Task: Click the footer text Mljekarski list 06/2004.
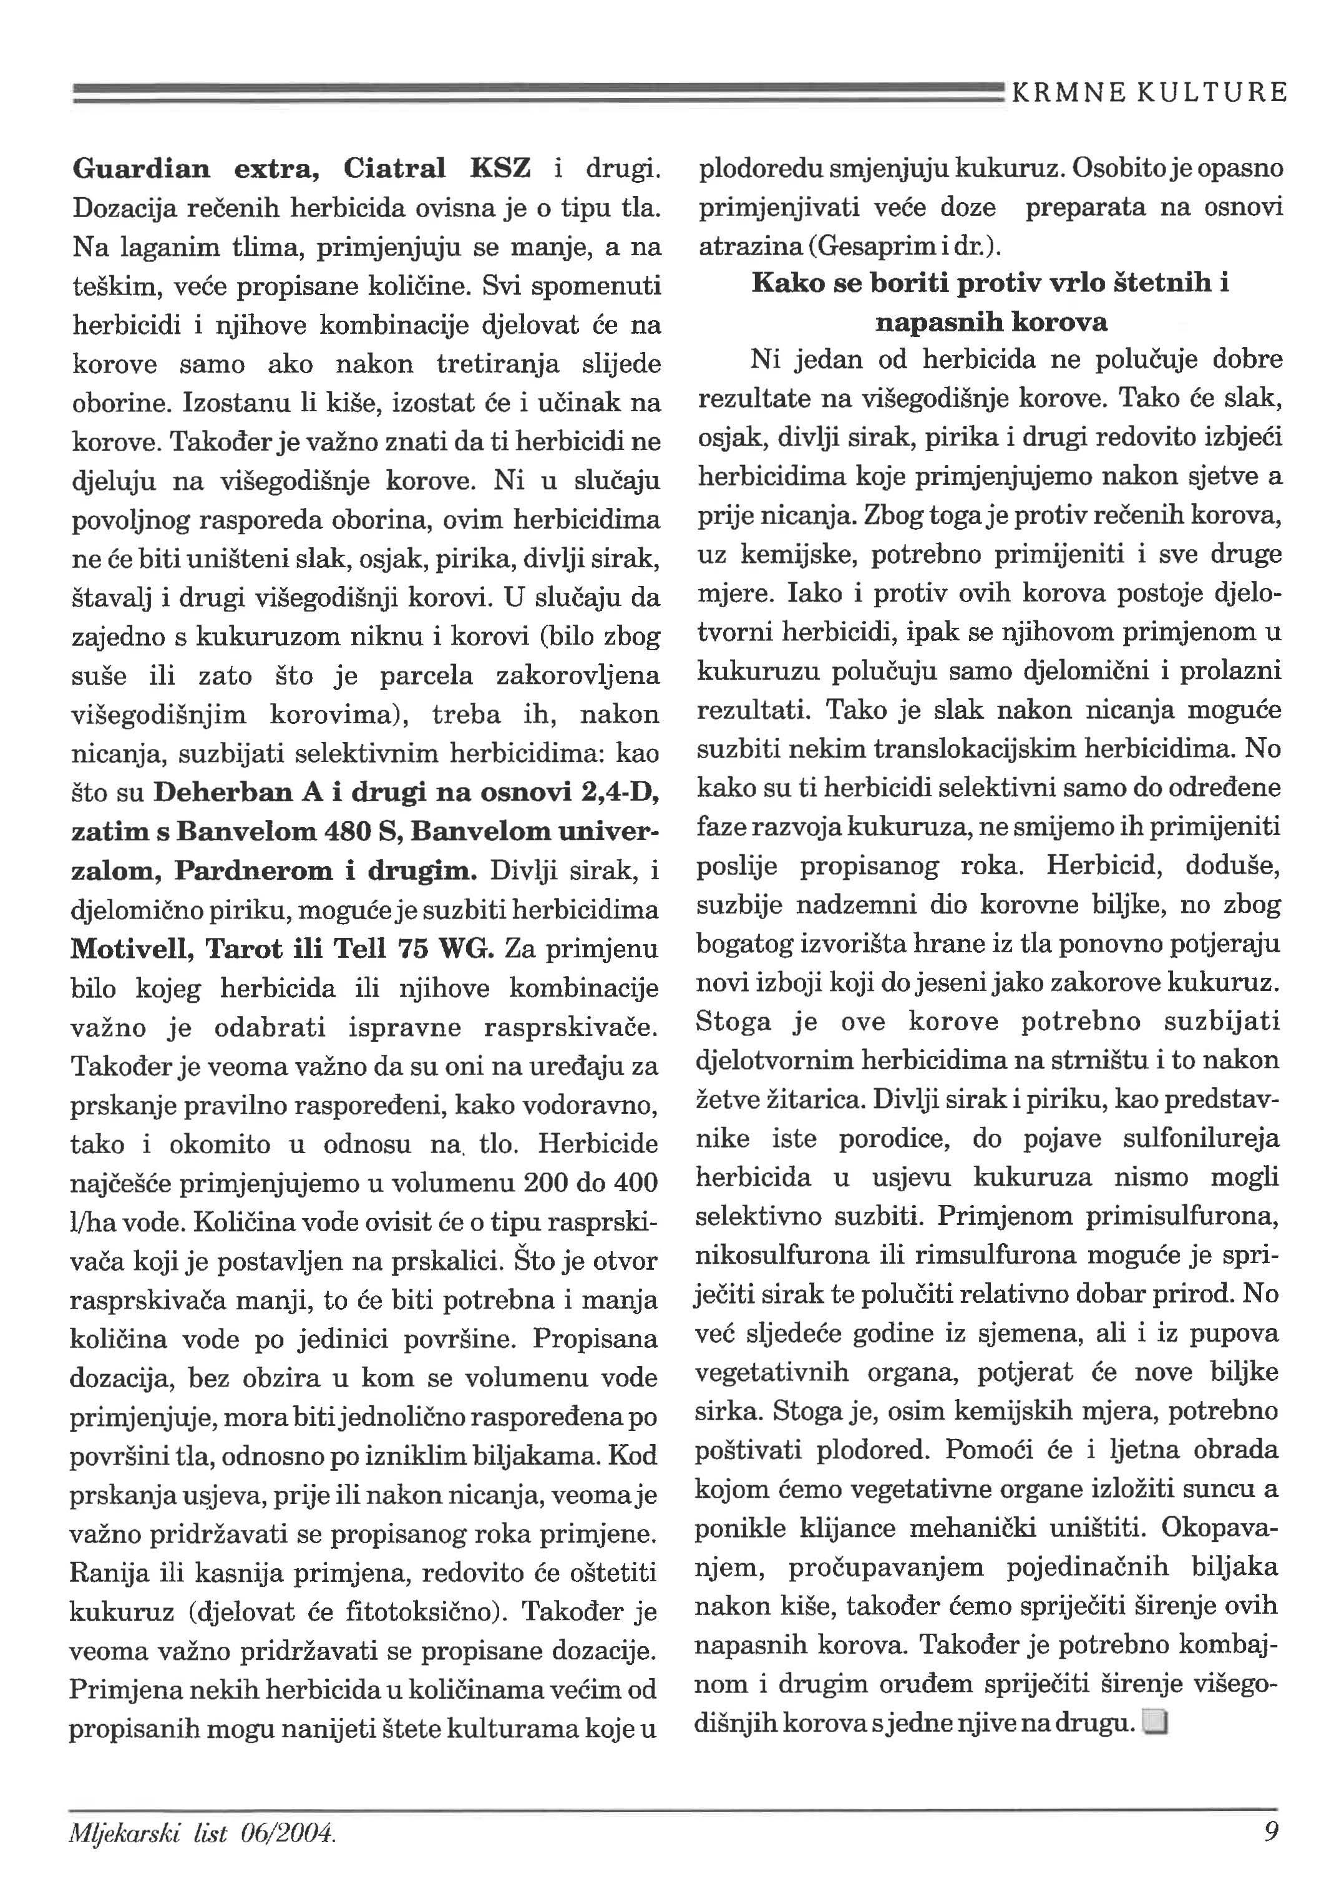(x=203, y=1833)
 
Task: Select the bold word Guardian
(x=140, y=169)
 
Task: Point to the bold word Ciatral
(x=395, y=169)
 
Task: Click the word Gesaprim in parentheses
(x=877, y=246)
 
